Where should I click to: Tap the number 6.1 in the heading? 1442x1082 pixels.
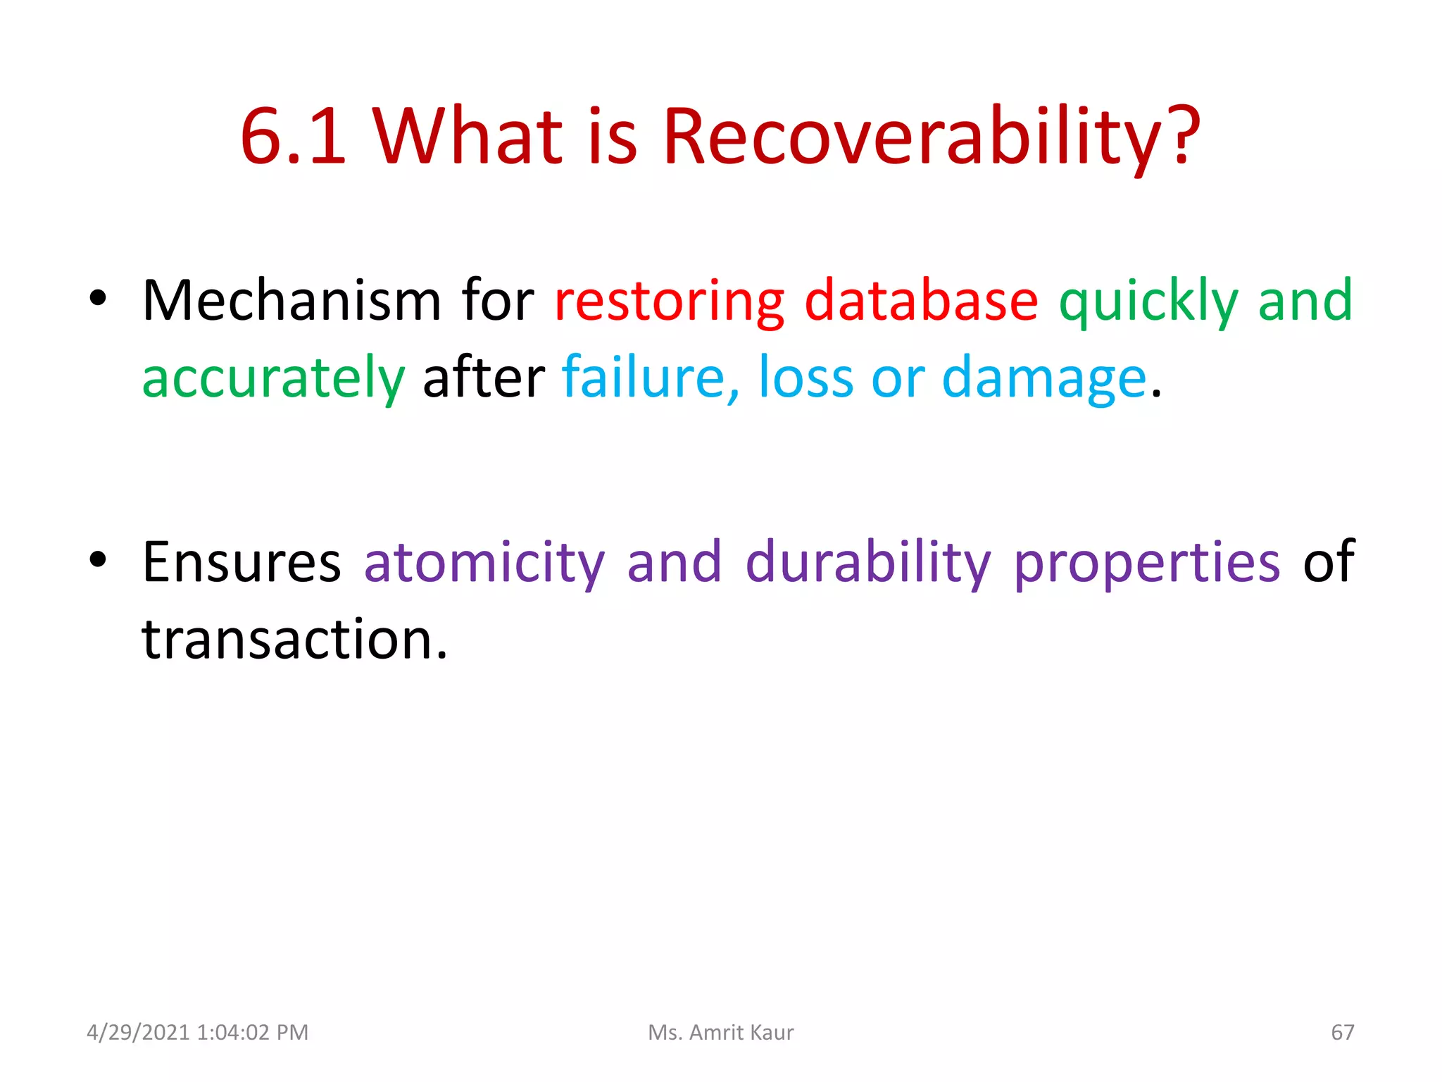pyautogui.click(x=294, y=137)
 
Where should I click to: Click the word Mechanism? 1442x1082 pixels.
pyautogui.click(x=291, y=301)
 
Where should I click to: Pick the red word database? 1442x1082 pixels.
pyautogui.click(x=921, y=301)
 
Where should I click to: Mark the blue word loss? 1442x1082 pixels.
pyautogui.click(x=805, y=379)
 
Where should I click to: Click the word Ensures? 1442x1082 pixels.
pyautogui.click(x=242, y=562)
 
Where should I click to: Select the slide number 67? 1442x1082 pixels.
pyautogui.click(x=1342, y=1033)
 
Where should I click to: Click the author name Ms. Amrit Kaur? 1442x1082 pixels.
pyautogui.click(x=720, y=1033)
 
